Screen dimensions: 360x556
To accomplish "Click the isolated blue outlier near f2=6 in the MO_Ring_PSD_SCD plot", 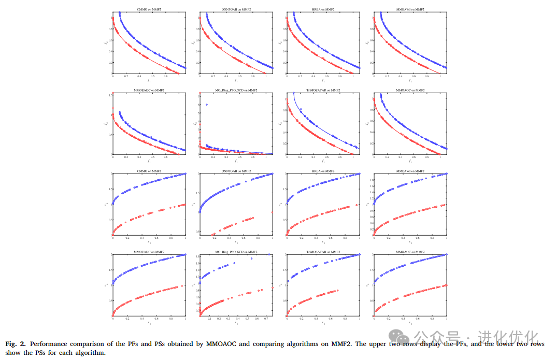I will (x=207, y=105).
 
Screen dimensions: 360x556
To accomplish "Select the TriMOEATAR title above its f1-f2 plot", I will (x=323, y=90).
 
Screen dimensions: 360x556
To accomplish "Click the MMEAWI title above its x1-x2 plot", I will (x=410, y=171).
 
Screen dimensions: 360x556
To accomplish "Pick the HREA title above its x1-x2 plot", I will (x=323, y=171).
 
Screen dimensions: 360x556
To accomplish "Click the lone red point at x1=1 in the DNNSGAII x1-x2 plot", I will (x=273, y=212).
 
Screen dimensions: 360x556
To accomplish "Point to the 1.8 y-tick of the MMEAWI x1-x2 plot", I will (x=370, y=179).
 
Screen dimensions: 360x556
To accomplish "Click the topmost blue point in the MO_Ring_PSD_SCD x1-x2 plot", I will (x=269, y=254).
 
